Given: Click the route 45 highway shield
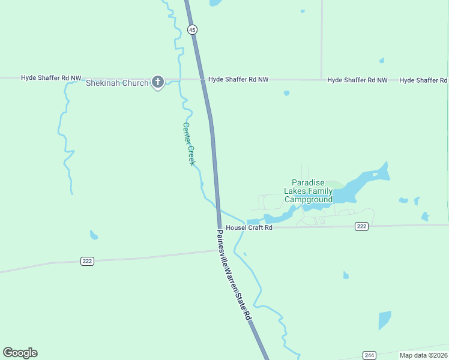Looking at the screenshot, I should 191,29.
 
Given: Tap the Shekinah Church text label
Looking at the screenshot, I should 117,83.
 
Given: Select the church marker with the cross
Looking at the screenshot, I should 158,82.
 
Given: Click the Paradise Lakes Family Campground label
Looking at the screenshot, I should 308,191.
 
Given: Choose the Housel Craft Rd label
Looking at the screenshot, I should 249,228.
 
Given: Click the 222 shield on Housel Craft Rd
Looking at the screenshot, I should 361,226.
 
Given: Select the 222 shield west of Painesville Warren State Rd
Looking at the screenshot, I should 88,261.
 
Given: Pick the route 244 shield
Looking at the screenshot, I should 369,355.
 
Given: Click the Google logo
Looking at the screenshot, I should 20,353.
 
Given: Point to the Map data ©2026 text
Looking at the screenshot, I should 423,355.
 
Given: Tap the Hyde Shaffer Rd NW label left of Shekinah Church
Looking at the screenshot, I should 51,78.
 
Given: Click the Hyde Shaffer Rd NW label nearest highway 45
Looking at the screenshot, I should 238,79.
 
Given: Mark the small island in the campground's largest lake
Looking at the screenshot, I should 375,175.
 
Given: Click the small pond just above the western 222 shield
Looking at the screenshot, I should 94,235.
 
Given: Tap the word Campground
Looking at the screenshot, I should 308,199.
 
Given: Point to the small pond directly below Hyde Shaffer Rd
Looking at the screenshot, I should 286,93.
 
